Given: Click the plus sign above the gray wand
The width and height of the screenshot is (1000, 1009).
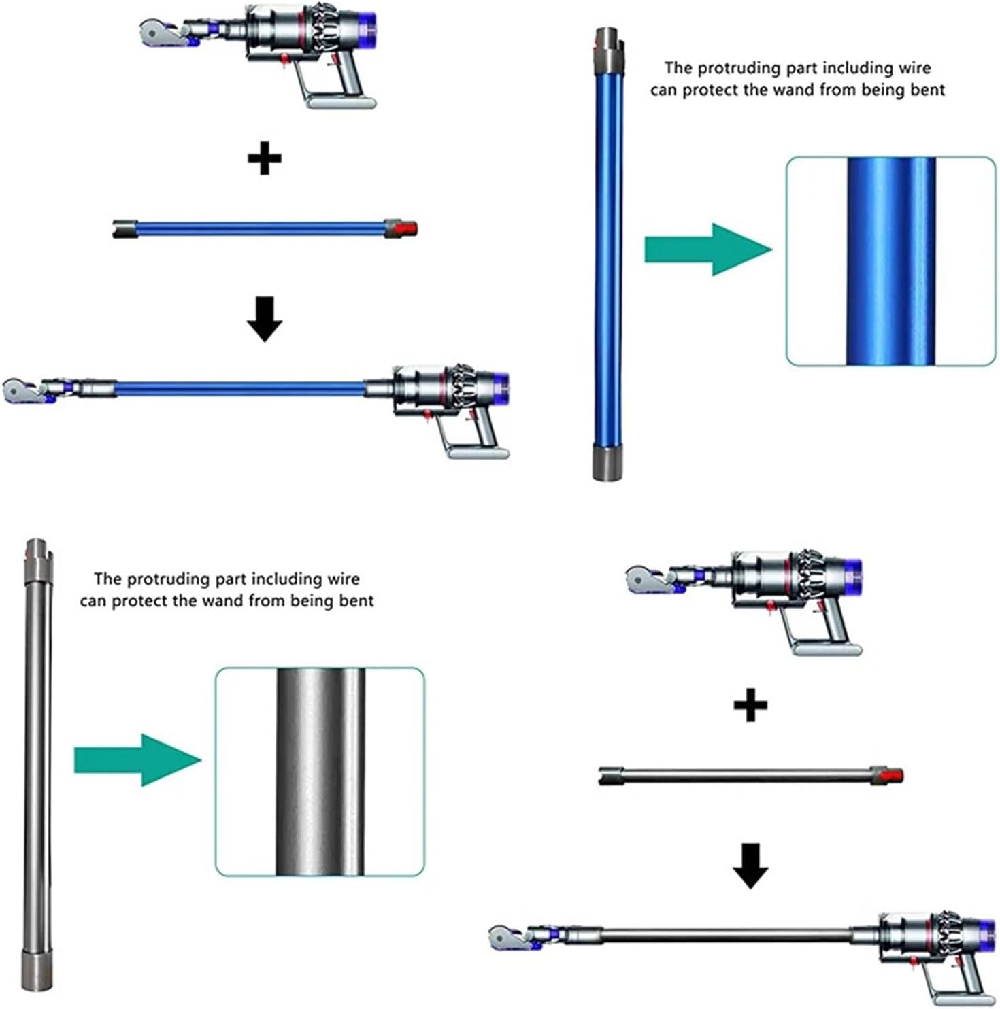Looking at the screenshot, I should (x=750, y=705).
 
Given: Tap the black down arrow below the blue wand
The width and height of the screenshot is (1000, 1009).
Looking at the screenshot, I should (x=265, y=318).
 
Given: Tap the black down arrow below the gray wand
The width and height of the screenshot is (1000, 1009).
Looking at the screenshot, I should (x=750, y=866).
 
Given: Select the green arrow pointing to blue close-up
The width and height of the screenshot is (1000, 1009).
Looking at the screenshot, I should (x=707, y=250).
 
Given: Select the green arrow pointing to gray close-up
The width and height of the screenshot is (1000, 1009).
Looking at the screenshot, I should (x=137, y=760).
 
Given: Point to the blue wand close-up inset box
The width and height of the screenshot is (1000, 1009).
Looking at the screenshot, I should (x=890, y=262).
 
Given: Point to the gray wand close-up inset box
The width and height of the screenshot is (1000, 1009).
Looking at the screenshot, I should (x=320, y=772).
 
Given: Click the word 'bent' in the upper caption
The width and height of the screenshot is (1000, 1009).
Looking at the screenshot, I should (x=927, y=90).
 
